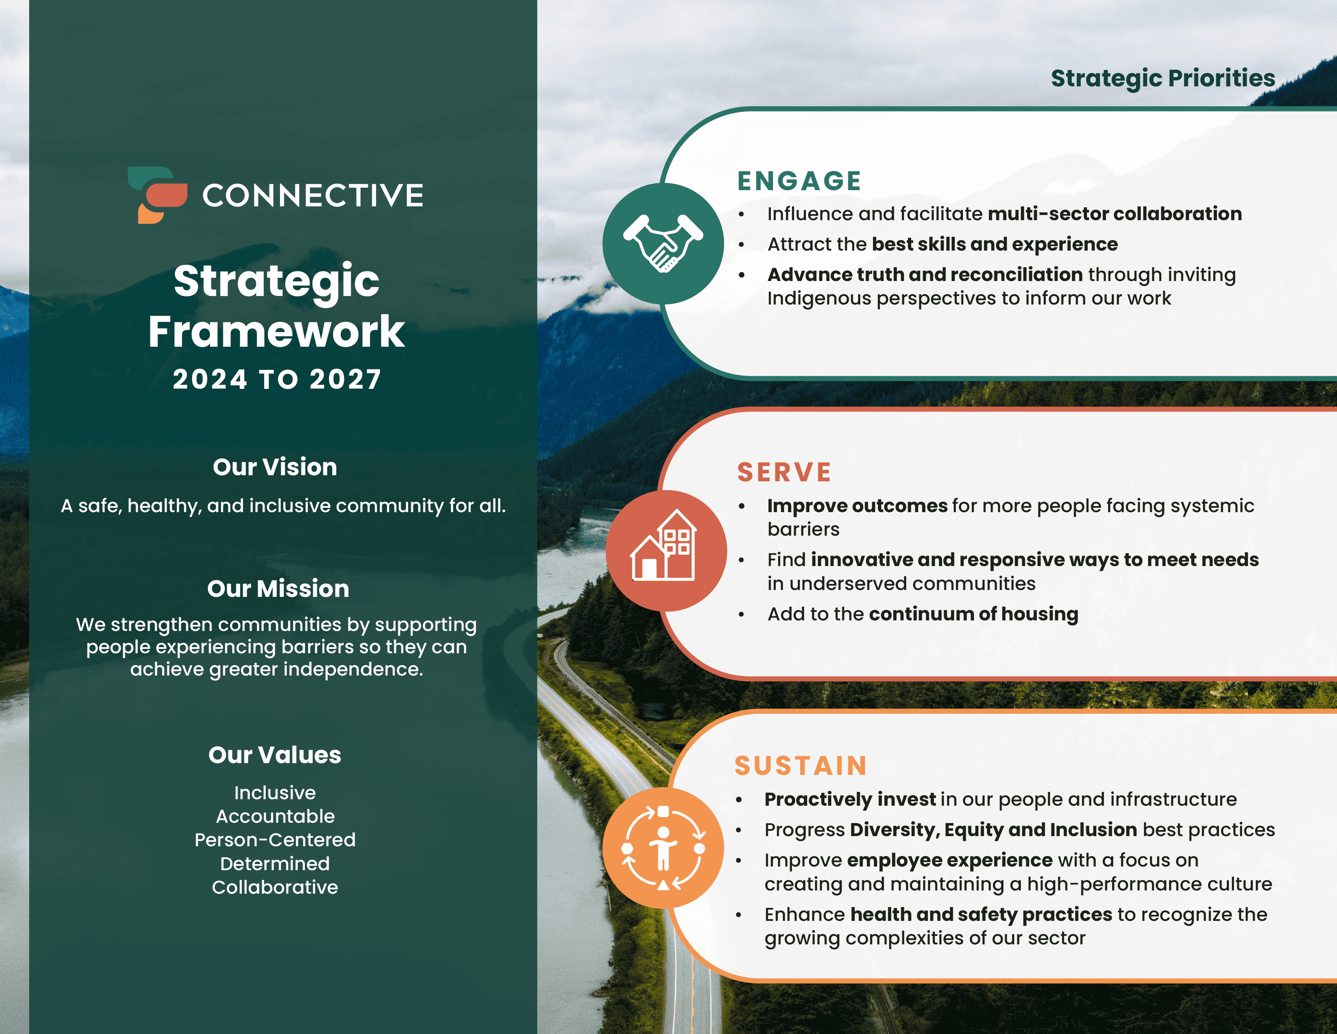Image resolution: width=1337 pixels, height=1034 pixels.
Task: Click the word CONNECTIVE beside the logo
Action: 313,196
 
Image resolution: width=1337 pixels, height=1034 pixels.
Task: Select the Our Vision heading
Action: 275,467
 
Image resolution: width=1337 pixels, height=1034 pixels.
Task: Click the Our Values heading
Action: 275,755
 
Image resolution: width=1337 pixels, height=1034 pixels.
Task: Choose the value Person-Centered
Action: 275,839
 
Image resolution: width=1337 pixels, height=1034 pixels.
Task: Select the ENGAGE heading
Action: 799,181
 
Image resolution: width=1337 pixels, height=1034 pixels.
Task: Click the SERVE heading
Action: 784,472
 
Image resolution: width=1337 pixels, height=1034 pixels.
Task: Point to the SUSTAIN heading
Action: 801,766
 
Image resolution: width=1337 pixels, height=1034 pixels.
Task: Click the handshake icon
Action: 663,243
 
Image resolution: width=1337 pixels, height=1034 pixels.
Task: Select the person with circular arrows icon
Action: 663,848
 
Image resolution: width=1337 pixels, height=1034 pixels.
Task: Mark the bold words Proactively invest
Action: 850,799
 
